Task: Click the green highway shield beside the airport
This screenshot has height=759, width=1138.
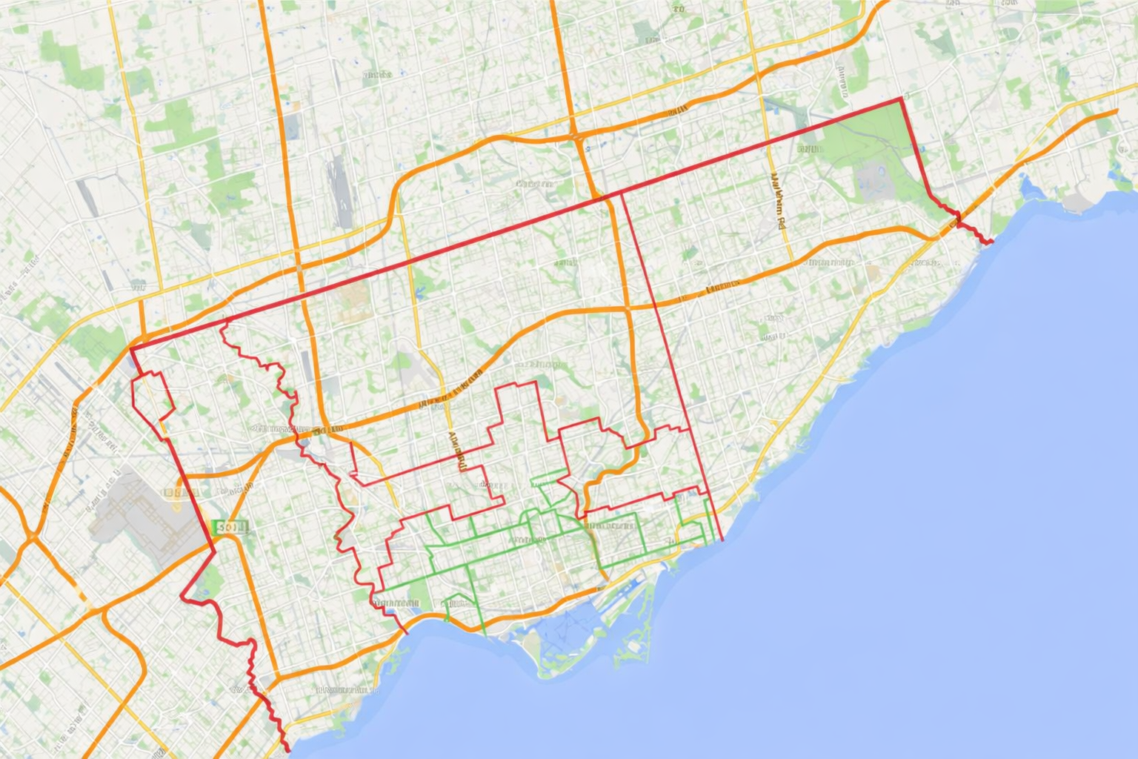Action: coord(230,527)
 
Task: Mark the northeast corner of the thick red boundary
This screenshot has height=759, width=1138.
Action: coord(902,98)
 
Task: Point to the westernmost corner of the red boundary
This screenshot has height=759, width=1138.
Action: coord(131,348)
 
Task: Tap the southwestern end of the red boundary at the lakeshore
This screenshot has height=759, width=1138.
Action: coord(286,749)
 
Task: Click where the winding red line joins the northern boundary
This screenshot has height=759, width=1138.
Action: coord(224,320)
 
